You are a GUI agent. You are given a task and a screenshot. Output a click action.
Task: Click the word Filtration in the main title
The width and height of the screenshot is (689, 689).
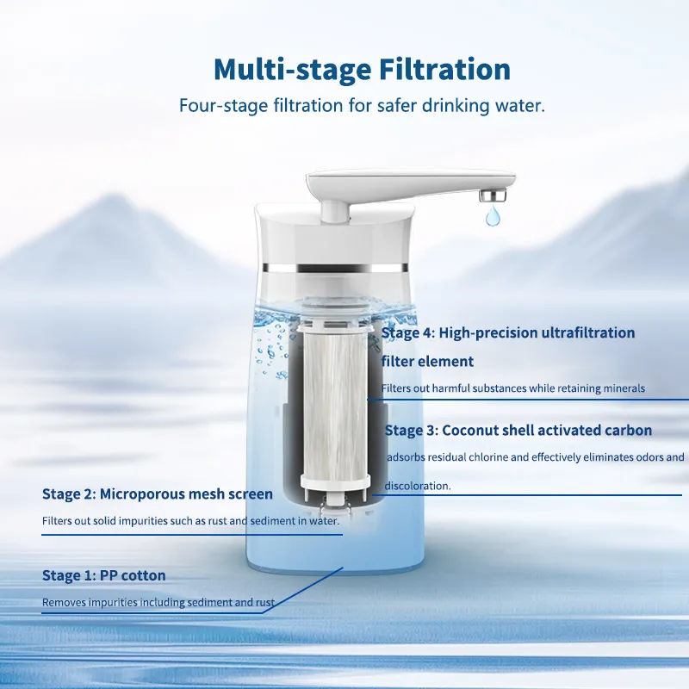click(444, 69)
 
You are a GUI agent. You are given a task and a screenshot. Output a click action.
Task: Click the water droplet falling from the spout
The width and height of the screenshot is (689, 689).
click(493, 215)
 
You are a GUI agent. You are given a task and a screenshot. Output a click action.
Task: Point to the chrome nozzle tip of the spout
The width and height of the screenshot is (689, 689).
click(492, 196)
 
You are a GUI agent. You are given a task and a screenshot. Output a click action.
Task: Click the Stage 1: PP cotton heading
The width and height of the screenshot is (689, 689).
click(103, 575)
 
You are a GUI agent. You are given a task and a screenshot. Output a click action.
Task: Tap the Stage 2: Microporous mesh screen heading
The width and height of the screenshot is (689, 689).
click(158, 493)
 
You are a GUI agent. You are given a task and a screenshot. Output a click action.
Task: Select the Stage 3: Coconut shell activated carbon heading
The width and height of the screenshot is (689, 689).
click(518, 430)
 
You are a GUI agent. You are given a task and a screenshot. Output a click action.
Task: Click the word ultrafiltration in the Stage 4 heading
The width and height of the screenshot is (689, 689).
click(588, 332)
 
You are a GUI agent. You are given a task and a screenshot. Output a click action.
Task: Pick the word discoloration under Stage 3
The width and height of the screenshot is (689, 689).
click(418, 486)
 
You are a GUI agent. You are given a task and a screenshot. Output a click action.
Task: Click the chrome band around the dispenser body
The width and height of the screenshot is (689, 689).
click(333, 268)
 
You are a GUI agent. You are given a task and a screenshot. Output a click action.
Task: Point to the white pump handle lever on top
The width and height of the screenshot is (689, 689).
click(410, 185)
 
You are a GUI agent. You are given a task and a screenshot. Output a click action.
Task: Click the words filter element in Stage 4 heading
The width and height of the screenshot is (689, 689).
click(427, 362)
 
